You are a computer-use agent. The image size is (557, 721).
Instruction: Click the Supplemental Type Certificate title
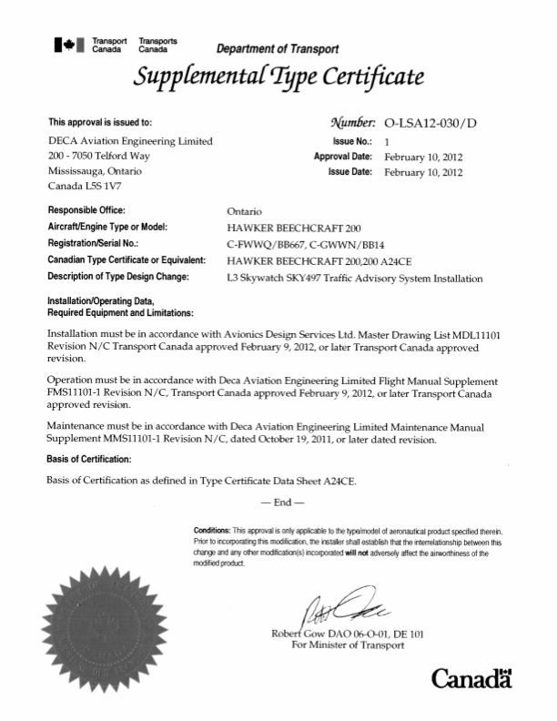tap(277, 77)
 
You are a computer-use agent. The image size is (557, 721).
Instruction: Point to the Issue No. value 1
tap(387, 142)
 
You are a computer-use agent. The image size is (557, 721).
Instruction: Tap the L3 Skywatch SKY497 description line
tap(354, 278)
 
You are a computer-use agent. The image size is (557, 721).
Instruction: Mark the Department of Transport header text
tap(277, 48)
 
